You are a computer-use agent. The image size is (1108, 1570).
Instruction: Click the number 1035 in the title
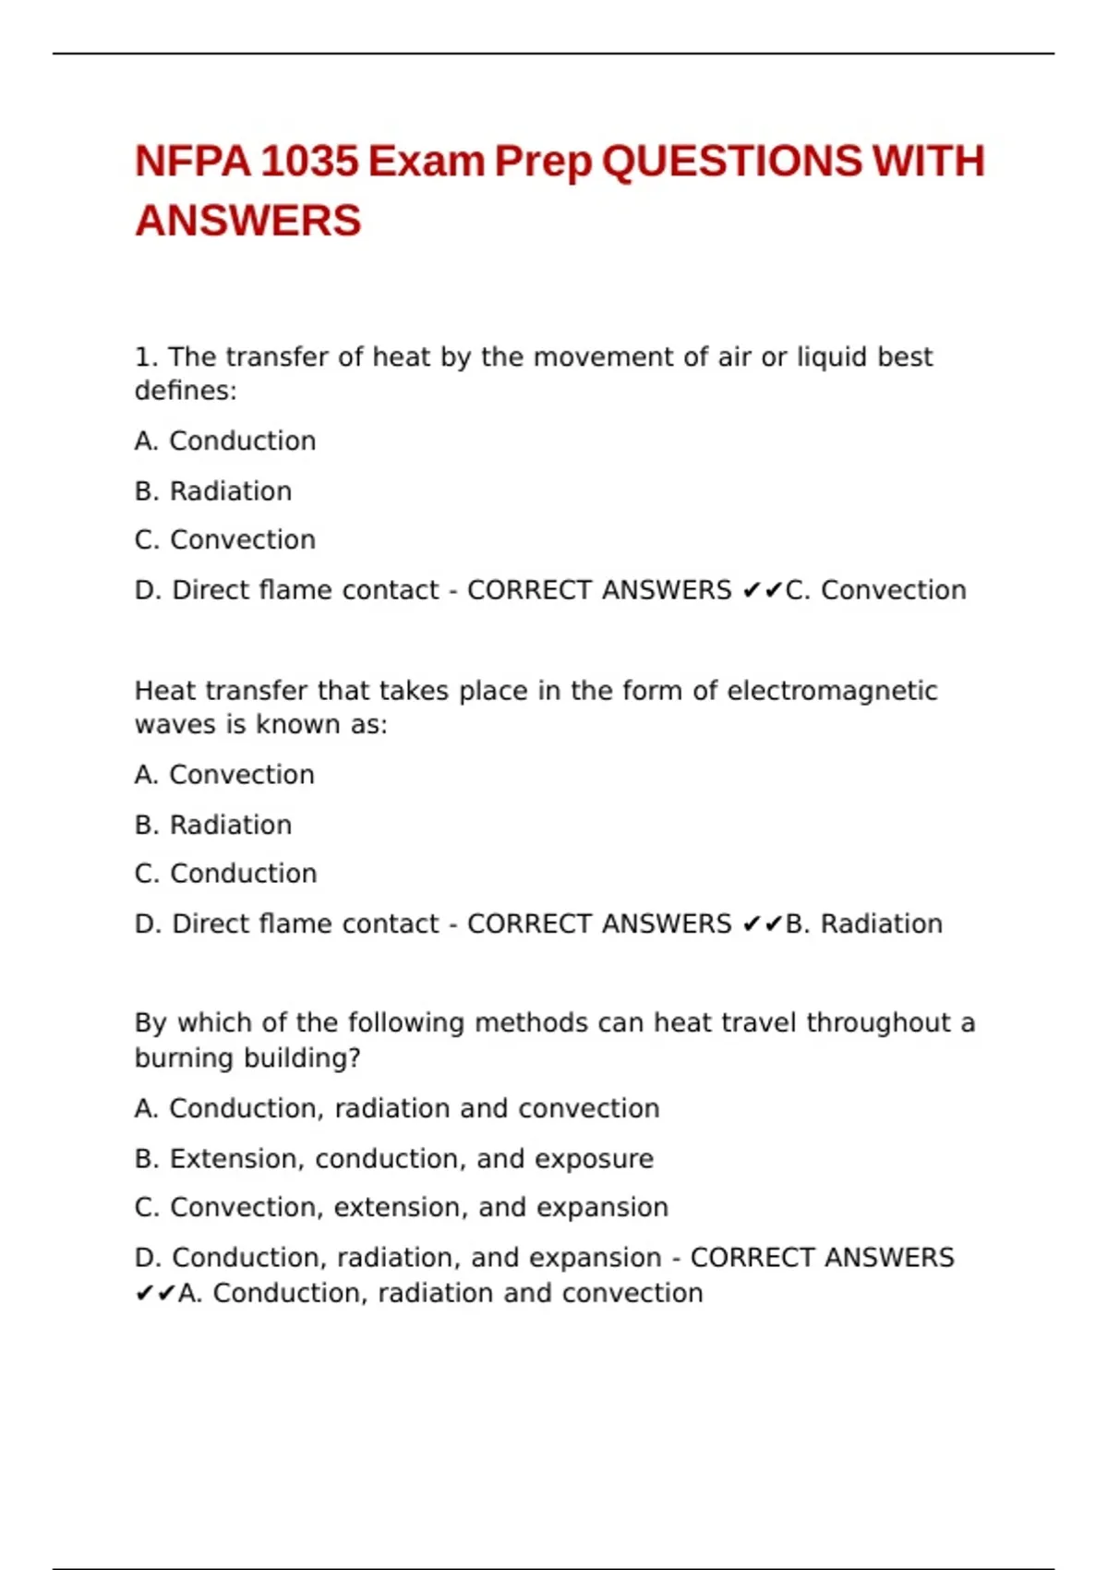point(309,162)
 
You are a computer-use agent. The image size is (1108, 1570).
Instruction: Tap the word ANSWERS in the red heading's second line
point(248,222)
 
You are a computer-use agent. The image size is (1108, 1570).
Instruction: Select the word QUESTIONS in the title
point(731,162)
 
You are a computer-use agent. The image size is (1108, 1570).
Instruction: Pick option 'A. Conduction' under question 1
point(225,441)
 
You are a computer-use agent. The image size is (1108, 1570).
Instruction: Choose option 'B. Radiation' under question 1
point(213,491)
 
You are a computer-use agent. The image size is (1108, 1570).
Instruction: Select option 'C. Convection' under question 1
point(225,540)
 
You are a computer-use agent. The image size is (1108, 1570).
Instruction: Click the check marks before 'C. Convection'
point(763,590)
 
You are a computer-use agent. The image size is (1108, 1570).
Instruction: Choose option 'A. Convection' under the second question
point(224,775)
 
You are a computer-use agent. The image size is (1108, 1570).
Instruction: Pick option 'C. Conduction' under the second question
point(225,874)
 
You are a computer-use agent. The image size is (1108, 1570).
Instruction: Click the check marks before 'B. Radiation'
point(763,924)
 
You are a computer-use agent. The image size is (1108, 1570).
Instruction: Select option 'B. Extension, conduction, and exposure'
point(394,1159)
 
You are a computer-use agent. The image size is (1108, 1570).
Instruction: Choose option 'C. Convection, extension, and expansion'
point(402,1208)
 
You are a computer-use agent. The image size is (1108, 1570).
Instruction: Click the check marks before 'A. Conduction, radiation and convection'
point(155,1294)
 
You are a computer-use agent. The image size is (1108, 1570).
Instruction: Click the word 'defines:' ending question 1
point(186,392)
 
